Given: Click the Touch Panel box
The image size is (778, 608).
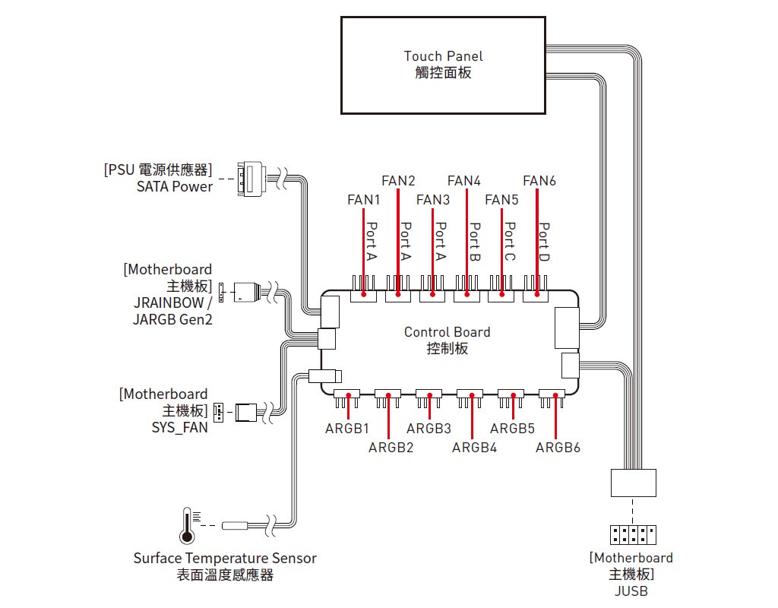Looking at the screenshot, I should pos(443,65).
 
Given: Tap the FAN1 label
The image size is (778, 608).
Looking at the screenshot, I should pos(363,200).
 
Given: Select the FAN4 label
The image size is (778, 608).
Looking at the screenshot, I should pos(463,181).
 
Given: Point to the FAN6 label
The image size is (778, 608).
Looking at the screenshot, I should pos(539,181).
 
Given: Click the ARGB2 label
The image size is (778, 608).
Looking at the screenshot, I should pos(391,448).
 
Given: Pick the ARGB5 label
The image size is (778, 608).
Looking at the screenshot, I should pos(513,429).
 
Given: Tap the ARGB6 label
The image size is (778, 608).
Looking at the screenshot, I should pos(558,448).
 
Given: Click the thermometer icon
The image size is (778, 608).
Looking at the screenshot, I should pos(186,525).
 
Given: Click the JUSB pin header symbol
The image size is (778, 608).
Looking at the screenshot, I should pos(632,535).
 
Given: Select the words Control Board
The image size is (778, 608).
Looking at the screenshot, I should pos(447,332).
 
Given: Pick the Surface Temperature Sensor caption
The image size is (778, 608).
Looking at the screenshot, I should pos(225,559).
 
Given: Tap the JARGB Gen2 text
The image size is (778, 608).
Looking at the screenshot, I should pos(172,319).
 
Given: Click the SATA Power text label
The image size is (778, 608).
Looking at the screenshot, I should pos(175,187).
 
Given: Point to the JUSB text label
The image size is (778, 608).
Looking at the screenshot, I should pos(631,591).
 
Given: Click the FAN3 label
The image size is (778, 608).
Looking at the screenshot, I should pos(433,200).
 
